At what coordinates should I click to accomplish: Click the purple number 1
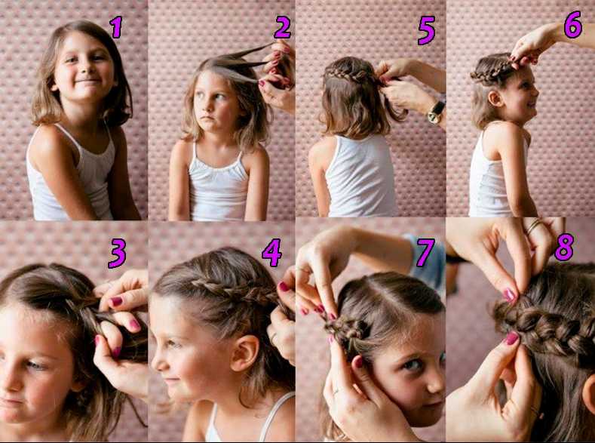pos(116,27)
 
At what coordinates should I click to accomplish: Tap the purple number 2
pos(283,27)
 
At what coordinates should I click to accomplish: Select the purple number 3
pos(117,254)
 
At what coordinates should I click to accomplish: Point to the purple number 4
pos(271,253)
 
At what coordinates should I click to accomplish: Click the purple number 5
pos(426,30)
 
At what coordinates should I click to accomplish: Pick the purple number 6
pos(572,25)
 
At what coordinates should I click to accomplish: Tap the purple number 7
pos(425,252)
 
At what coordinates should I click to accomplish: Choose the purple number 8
pos(564,247)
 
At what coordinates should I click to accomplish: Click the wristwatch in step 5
pos(437,111)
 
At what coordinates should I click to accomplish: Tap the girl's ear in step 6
pos(495,99)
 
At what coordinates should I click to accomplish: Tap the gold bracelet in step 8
pos(533,226)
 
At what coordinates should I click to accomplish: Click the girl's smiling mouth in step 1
pos(87,82)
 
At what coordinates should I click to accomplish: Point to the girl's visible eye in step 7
pos(413,365)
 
